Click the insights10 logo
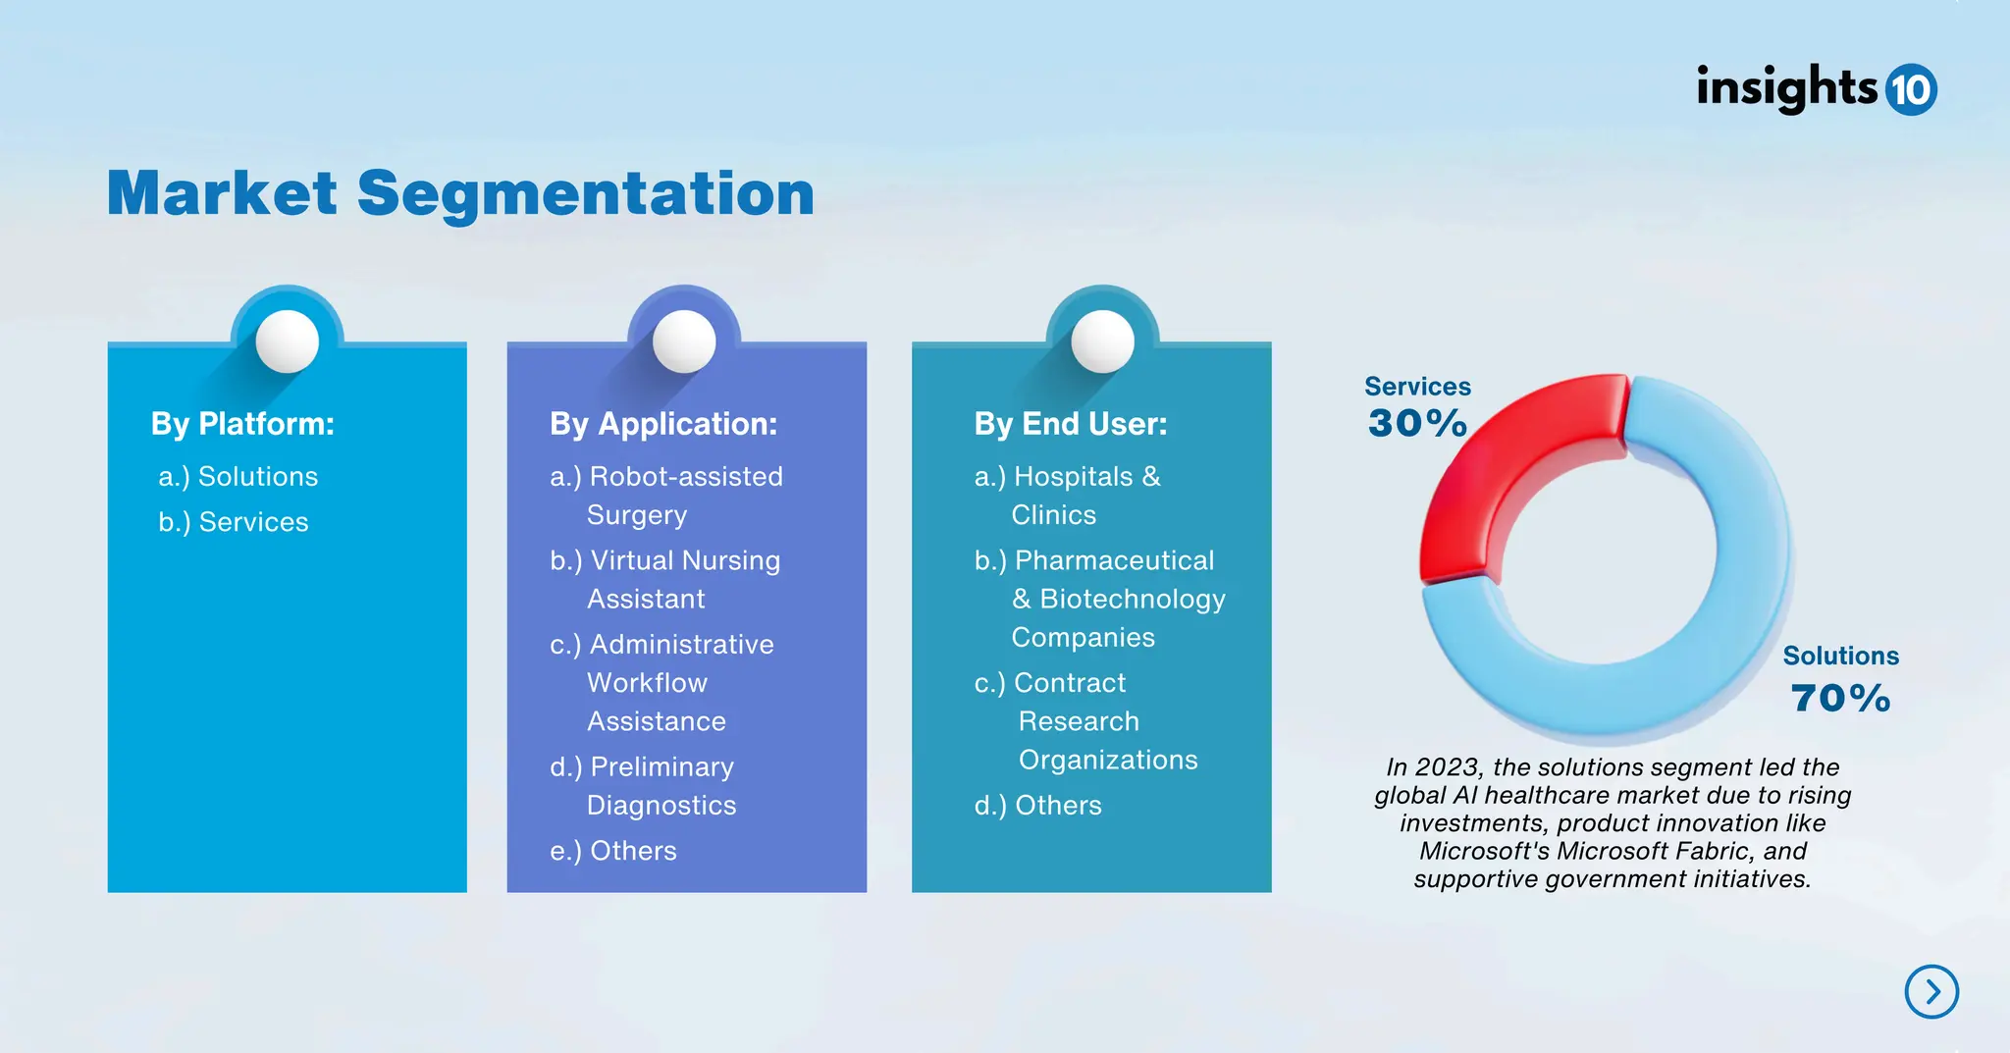click(x=1816, y=88)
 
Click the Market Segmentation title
click(x=460, y=193)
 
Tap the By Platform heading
click(x=242, y=424)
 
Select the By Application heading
click(x=663, y=424)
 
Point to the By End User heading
click(x=1071, y=424)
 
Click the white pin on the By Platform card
click(x=287, y=342)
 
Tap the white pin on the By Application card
click(x=684, y=342)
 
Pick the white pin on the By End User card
click(x=1102, y=342)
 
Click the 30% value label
click(x=1417, y=424)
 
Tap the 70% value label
click(x=1840, y=699)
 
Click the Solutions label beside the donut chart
click(x=1840, y=656)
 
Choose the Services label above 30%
click(x=1417, y=387)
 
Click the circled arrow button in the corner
click(x=1931, y=991)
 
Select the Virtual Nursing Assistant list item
click(x=665, y=579)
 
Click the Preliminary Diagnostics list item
click(x=643, y=785)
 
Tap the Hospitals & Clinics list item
click(x=1068, y=496)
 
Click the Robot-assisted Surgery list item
click(x=666, y=496)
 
